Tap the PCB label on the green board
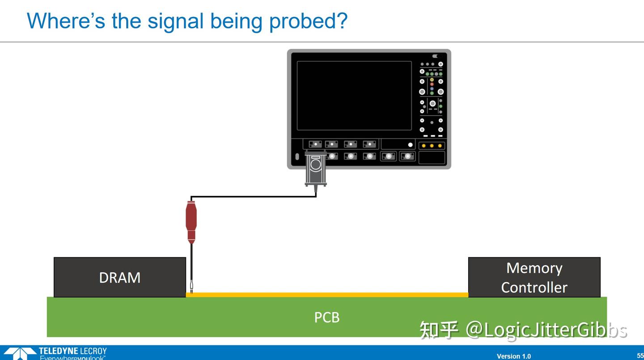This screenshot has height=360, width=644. [x=326, y=318]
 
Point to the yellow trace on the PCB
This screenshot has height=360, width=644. [x=326, y=295]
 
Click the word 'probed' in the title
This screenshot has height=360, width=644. [x=308, y=21]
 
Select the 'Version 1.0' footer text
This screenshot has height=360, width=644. [x=513, y=356]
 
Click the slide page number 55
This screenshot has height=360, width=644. [x=640, y=356]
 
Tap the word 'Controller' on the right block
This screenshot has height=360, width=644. [x=534, y=287]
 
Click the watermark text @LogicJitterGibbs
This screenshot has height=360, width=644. [x=546, y=330]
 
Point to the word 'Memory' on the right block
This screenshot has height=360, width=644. [x=534, y=268]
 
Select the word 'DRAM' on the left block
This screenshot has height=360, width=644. [x=119, y=278]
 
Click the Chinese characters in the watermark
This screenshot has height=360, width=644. [x=438, y=330]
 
